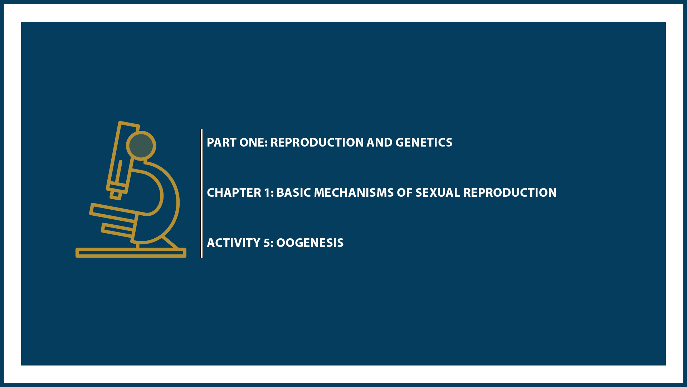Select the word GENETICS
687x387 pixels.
click(x=424, y=143)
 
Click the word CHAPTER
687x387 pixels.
click(x=234, y=193)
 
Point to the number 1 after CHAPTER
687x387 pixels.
click(x=268, y=193)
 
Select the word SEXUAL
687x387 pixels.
click(x=438, y=193)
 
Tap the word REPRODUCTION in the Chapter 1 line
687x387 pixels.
click(x=510, y=193)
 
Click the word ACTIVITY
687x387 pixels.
click(x=233, y=243)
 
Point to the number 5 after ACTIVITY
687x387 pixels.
click(x=267, y=243)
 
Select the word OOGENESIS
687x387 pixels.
click(x=310, y=243)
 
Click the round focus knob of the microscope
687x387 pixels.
click(x=141, y=145)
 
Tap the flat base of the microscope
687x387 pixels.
click(x=131, y=253)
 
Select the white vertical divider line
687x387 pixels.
click(x=202, y=193)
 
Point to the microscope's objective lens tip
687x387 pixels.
click(x=116, y=195)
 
